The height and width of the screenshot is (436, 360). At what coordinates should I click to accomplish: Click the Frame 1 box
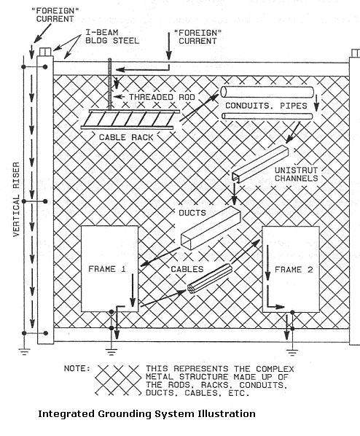109,269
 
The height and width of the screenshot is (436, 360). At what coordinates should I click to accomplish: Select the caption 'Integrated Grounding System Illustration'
146,413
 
